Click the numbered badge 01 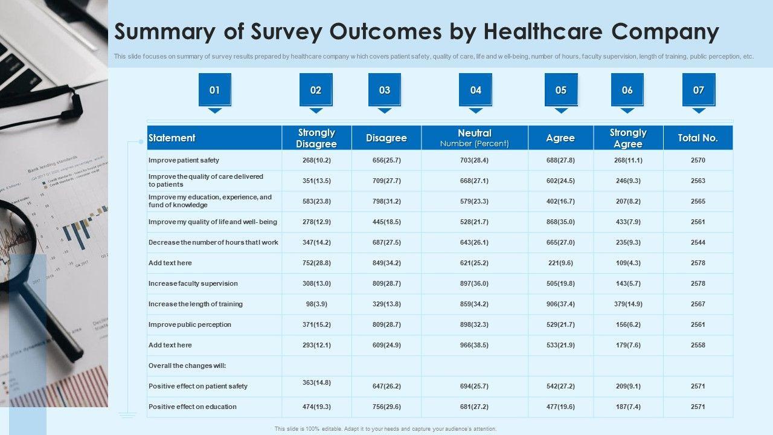coord(214,90)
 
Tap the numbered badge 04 coord(475,90)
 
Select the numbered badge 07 coord(699,90)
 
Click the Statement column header coord(172,138)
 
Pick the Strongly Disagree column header coord(316,138)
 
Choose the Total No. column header coord(698,138)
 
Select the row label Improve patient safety coord(184,160)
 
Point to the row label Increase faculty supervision coord(193,283)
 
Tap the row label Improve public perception coord(190,324)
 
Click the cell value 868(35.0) coord(560,222)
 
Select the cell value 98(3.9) coord(316,304)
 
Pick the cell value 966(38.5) coord(475,345)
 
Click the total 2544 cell coord(698,242)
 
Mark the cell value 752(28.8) coord(316,263)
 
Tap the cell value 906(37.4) coord(560,304)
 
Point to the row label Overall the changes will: coord(187,366)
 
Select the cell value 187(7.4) coord(628,407)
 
